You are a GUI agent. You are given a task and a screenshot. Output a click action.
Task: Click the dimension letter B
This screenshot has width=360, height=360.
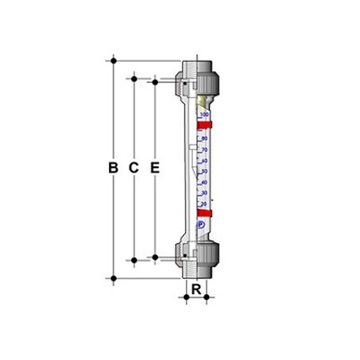pos(113,167)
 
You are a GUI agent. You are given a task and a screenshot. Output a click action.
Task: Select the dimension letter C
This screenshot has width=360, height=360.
pos(134,167)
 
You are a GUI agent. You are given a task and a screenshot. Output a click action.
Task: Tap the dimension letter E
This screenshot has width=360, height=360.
pos(155,167)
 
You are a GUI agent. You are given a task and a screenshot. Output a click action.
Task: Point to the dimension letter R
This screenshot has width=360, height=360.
pos(197,289)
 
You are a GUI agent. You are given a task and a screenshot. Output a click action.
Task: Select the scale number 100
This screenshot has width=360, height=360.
pos(205,115)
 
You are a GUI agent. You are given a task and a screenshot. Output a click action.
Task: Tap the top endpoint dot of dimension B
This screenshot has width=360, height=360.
pos(113,61)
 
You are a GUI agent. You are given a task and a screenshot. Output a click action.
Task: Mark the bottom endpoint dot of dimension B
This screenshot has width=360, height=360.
pos(113,278)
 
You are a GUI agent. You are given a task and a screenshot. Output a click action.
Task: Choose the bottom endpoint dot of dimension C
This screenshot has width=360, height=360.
pos(134,261)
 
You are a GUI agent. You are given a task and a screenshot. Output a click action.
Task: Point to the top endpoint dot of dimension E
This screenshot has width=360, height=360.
pos(155,82)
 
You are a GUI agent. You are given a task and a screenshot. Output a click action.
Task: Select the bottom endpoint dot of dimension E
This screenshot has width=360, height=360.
pos(155,256)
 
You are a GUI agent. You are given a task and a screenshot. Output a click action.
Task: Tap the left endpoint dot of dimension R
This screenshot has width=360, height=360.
pos(188,297)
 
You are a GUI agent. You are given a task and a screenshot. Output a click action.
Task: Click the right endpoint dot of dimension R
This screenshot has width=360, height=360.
pos(206,297)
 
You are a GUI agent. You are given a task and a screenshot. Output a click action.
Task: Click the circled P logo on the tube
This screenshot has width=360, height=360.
pos(197,225)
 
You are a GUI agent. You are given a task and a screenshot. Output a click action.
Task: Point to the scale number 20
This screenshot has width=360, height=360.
pos(205,203)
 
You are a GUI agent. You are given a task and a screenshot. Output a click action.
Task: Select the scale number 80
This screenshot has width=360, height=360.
pos(205,138)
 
